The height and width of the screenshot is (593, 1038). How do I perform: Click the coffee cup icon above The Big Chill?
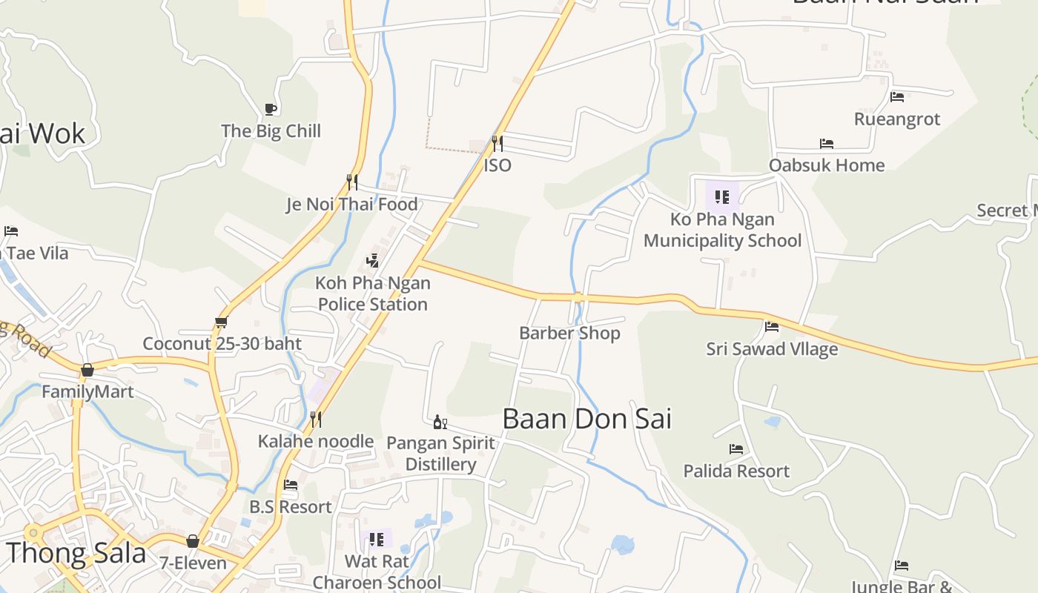pyautogui.click(x=271, y=110)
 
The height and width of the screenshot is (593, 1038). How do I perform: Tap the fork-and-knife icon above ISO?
pyautogui.click(x=497, y=143)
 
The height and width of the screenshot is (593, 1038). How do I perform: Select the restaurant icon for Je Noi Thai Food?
pyautogui.click(x=352, y=182)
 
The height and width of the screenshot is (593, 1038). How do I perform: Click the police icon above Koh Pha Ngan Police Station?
pyautogui.click(x=373, y=261)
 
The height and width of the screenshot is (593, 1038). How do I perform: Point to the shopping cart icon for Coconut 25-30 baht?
pyautogui.click(x=221, y=322)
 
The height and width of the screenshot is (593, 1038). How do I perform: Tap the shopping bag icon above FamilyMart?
pyautogui.click(x=87, y=370)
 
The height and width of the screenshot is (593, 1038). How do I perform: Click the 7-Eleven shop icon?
pyautogui.click(x=193, y=541)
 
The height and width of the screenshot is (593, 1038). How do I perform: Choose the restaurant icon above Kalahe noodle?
pyautogui.click(x=316, y=420)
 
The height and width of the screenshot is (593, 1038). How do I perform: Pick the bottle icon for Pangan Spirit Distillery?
pyautogui.click(x=440, y=422)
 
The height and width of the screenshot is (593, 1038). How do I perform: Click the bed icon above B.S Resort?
pyautogui.click(x=291, y=485)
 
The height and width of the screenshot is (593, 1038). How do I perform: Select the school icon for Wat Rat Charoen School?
pyautogui.click(x=377, y=539)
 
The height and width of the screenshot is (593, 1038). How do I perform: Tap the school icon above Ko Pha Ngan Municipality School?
pyautogui.click(x=722, y=197)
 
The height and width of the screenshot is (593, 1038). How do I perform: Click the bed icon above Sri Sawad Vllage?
pyautogui.click(x=772, y=326)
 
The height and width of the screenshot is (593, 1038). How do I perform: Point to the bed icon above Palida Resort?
pyautogui.click(x=736, y=449)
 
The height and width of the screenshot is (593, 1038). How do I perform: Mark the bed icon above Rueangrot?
pyautogui.click(x=897, y=97)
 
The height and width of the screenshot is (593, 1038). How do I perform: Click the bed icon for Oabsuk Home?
pyautogui.click(x=827, y=143)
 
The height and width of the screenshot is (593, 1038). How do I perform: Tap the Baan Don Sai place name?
pyautogui.click(x=586, y=419)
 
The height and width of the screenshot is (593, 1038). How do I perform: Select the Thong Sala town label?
pyautogui.click(x=76, y=553)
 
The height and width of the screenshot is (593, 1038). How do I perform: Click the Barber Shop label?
pyautogui.click(x=569, y=333)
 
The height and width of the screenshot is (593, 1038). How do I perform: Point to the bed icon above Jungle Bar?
pyautogui.click(x=902, y=566)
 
